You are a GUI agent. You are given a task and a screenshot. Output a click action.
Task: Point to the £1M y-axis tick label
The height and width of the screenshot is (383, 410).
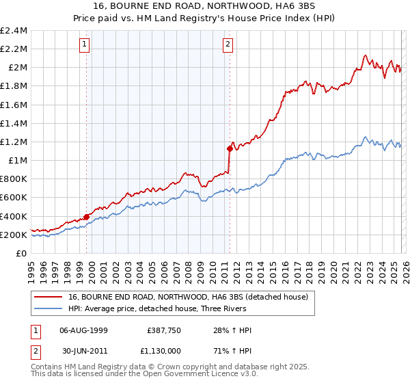(18, 161)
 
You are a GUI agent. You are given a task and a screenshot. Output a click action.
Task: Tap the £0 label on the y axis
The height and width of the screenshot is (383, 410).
(22, 254)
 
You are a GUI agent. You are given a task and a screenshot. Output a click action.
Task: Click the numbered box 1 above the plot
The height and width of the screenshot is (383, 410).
(85, 45)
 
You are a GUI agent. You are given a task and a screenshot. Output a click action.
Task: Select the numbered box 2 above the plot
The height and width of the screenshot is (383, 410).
(227, 45)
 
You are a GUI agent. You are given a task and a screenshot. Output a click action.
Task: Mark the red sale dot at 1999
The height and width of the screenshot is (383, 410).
(87, 217)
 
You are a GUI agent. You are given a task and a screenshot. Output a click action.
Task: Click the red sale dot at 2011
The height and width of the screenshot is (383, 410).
(230, 148)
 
